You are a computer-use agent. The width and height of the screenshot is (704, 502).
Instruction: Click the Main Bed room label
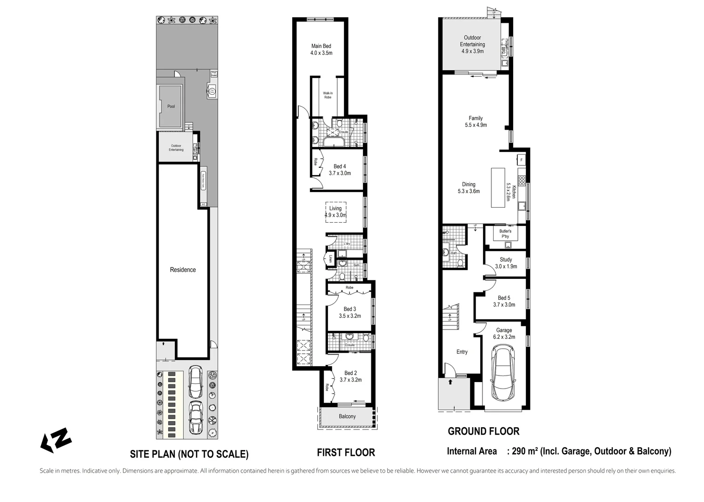[x=321, y=46]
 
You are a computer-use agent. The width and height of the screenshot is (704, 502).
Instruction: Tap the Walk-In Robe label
[x=328, y=95]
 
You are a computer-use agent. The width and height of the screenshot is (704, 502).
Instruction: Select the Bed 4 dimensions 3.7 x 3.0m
[x=340, y=173]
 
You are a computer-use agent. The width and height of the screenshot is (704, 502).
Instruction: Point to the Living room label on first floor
[x=335, y=208]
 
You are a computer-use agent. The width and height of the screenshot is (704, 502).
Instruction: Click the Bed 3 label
[x=349, y=309]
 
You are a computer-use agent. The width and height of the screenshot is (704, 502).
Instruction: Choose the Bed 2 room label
[x=350, y=373]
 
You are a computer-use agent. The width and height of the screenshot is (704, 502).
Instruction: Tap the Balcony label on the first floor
[x=347, y=416]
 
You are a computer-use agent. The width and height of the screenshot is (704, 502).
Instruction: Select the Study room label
[x=506, y=260]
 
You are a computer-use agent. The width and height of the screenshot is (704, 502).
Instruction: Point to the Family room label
[x=476, y=118]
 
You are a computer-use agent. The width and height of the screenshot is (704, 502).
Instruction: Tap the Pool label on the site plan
[x=171, y=106]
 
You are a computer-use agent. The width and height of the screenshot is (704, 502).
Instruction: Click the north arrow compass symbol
[x=56, y=440]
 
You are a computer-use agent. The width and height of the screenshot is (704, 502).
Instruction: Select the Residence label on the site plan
[x=182, y=270]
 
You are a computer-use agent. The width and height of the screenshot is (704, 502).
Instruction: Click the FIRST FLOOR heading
[x=346, y=452]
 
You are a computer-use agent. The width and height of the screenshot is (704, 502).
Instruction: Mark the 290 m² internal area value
[x=525, y=451]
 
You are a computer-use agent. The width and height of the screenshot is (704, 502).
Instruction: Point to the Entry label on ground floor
[x=462, y=352]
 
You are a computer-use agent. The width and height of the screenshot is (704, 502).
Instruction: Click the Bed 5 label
[x=504, y=298]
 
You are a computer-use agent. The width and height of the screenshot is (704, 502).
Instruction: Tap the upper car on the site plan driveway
[x=195, y=382]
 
